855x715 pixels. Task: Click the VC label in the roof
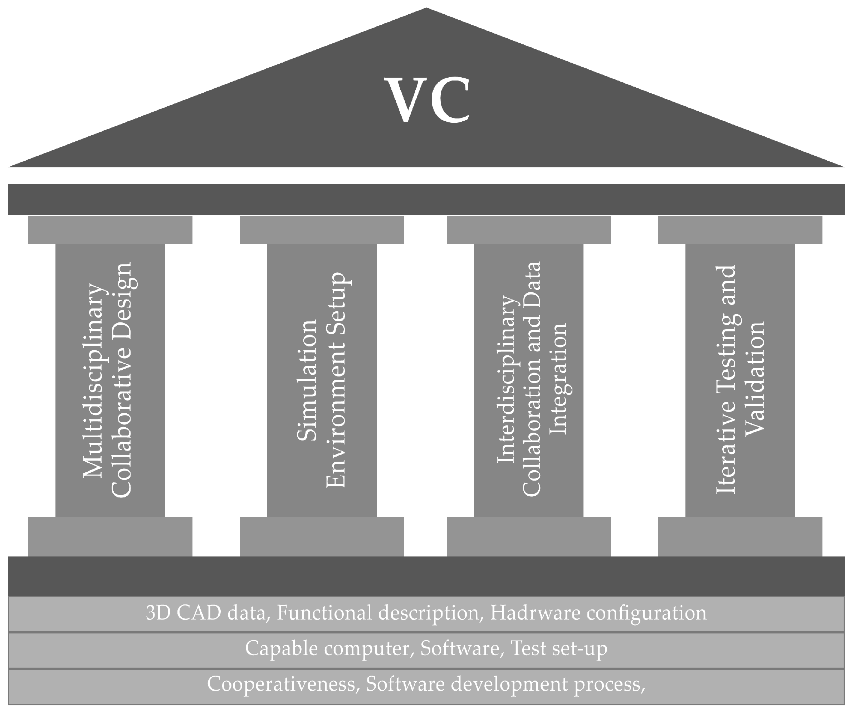(x=427, y=100)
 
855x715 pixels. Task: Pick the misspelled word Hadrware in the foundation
(x=535, y=613)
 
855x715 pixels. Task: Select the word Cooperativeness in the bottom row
(x=281, y=684)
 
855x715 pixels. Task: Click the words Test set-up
(x=558, y=648)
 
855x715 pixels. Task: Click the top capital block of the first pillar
(x=110, y=230)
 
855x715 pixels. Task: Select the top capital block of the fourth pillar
(x=740, y=230)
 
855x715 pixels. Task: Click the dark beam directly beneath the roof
(x=426, y=200)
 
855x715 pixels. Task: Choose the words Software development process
(x=505, y=684)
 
